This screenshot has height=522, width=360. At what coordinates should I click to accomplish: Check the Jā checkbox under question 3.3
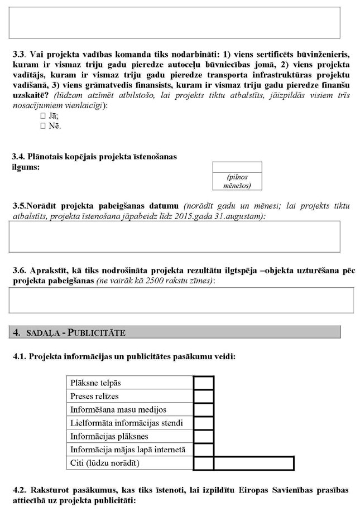pyautogui.click(x=43, y=116)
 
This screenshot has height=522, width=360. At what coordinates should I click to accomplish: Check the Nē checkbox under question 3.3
pyautogui.click(x=43, y=126)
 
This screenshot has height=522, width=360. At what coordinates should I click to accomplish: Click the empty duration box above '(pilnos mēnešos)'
pyautogui.click(x=237, y=167)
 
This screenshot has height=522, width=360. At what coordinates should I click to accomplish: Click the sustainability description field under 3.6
pyautogui.click(x=181, y=300)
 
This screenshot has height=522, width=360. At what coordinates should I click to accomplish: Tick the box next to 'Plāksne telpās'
pyautogui.click(x=203, y=383)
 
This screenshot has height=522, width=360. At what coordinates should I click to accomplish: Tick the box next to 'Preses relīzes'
pyautogui.click(x=203, y=396)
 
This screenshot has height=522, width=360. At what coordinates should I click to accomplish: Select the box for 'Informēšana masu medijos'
pyautogui.click(x=203, y=409)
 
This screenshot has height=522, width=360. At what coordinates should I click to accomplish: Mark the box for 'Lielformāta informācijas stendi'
pyautogui.click(x=203, y=423)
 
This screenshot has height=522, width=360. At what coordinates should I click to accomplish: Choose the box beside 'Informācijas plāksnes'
pyautogui.click(x=203, y=436)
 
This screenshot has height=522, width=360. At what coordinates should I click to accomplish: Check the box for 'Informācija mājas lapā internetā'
pyautogui.click(x=203, y=449)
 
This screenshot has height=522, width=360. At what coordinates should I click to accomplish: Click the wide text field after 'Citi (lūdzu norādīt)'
pyautogui.click(x=253, y=463)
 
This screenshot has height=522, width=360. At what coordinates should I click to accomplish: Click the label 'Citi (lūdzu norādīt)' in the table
pyautogui.click(x=105, y=463)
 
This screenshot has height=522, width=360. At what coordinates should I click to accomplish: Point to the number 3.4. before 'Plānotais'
pyautogui.click(x=20, y=157)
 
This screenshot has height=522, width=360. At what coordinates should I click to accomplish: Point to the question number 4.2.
pyautogui.click(x=20, y=490)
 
